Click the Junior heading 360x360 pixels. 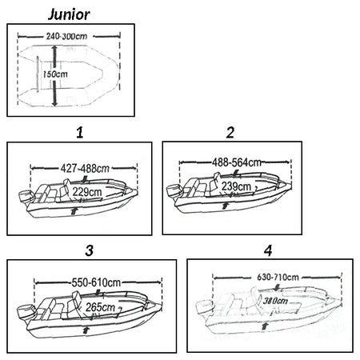point(69,14)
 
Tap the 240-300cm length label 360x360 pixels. point(66,36)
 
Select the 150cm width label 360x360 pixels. point(55,74)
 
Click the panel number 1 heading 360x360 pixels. point(80,133)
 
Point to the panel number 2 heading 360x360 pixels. point(230,133)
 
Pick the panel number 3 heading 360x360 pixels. point(90,250)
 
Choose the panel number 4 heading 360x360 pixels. point(268,250)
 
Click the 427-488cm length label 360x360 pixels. point(85,169)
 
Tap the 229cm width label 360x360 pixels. point(87,192)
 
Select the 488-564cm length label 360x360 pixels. point(237,162)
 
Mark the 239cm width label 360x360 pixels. point(236,186)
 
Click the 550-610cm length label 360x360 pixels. point(96,282)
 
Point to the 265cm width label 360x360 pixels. point(100,307)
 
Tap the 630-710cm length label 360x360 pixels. point(278,278)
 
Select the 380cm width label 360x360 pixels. point(275,301)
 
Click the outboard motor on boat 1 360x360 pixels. point(26,198)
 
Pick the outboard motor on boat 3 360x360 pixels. point(26,314)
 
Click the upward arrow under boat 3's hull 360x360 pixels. point(86,330)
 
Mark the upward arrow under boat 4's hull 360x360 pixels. point(265,326)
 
